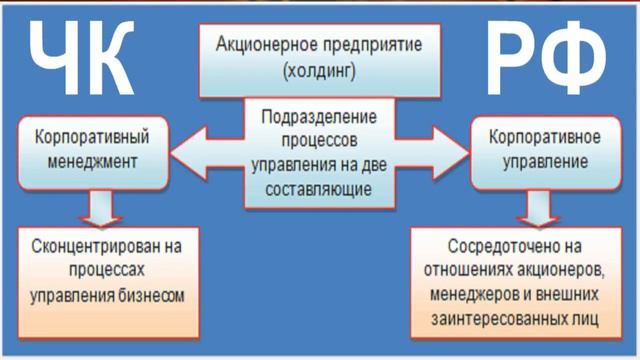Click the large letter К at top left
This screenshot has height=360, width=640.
coord(114,59)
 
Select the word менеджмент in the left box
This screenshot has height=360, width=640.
coord(84,159)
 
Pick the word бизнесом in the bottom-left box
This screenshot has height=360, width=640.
coord(151,295)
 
